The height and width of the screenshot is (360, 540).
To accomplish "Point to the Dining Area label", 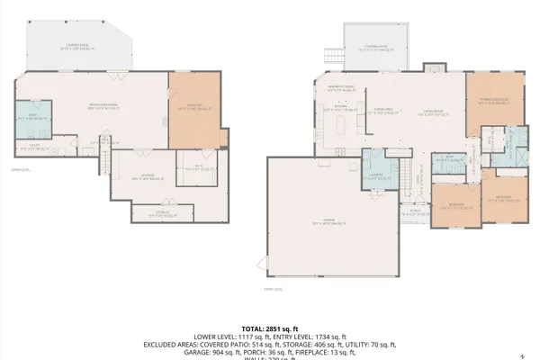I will click(386, 112).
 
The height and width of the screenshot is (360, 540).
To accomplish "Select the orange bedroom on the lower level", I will click(196, 109).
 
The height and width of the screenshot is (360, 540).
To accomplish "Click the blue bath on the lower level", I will click(32, 118).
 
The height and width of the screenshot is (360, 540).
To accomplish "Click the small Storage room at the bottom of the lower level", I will click(167, 212).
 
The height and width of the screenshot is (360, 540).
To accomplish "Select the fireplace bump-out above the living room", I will click(433, 65).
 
